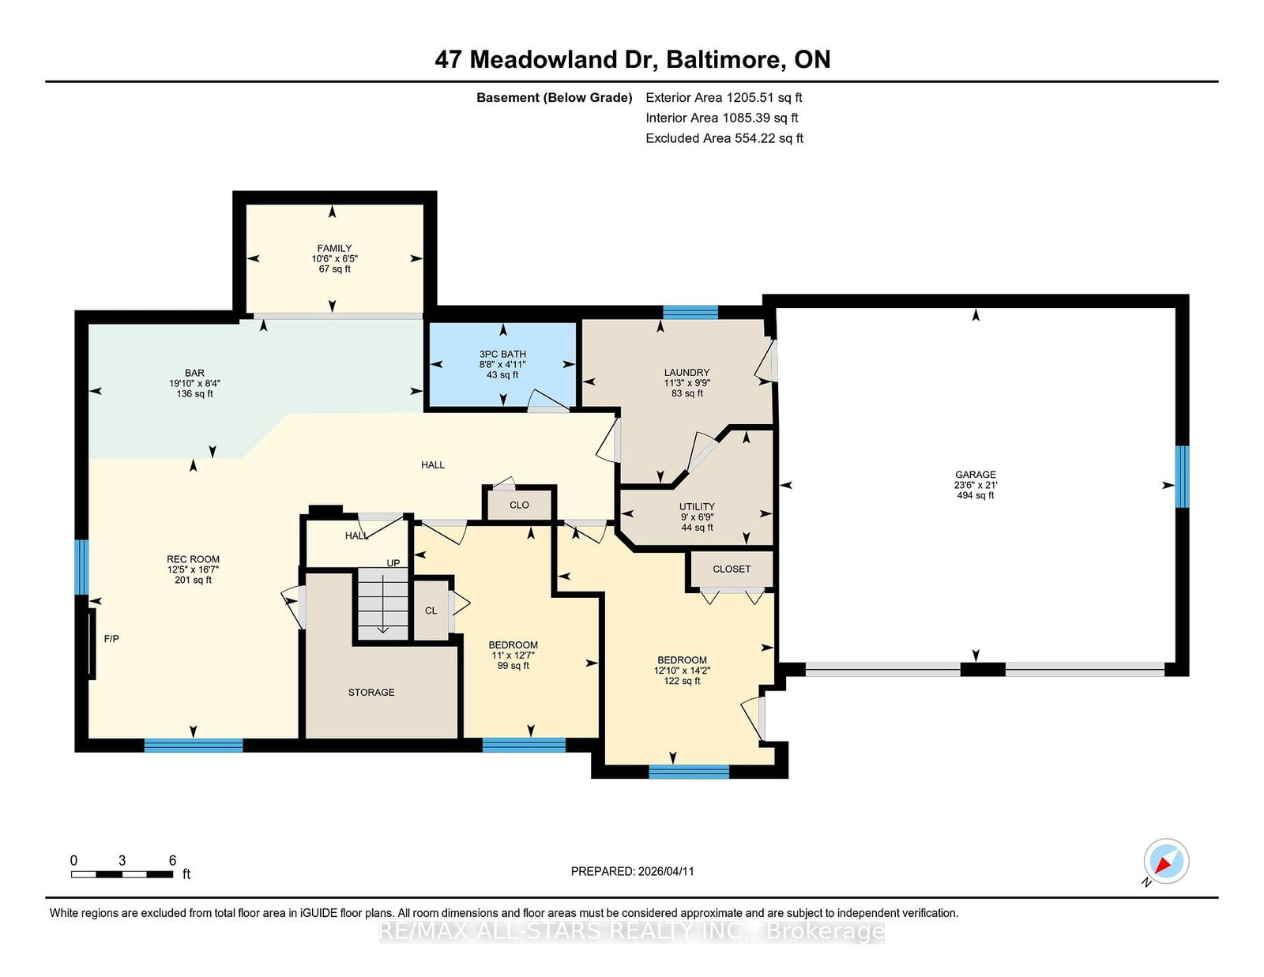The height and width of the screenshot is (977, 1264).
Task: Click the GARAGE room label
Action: [x=975, y=475]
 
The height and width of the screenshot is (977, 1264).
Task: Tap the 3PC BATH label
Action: [x=502, y=354]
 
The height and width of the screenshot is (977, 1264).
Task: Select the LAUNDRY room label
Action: [x=687, y=372]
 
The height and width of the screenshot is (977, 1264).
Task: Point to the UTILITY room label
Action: [x=696, y=506]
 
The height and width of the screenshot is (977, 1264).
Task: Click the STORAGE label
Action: [x=371, y=692]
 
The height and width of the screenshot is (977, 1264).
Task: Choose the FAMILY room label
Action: [x=334, y=248]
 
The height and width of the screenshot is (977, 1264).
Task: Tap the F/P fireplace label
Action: [x=111, y=638]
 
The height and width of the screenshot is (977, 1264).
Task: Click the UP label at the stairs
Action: [x=393, y=563]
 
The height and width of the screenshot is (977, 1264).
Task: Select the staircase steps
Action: [x=382, y=603]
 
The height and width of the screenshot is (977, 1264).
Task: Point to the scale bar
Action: [x=122, y=874]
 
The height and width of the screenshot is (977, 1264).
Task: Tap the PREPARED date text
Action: [x=632, y=871]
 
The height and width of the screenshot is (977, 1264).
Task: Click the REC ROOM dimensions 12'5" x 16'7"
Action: [x=193, y=569]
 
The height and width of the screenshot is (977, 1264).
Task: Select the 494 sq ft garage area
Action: [x=976, y=495]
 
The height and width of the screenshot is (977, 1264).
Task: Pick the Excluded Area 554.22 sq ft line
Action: [x=724, y=138]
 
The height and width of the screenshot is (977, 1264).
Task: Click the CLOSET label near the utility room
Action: [x=732, y=569]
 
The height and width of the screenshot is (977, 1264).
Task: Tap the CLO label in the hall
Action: [x=519, y=505]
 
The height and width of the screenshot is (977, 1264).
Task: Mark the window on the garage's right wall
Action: [x=1181, y=477]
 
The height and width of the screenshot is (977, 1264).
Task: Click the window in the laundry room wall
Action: [x=690, y=312]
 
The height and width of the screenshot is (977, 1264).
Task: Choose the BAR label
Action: [x=194, y=373]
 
